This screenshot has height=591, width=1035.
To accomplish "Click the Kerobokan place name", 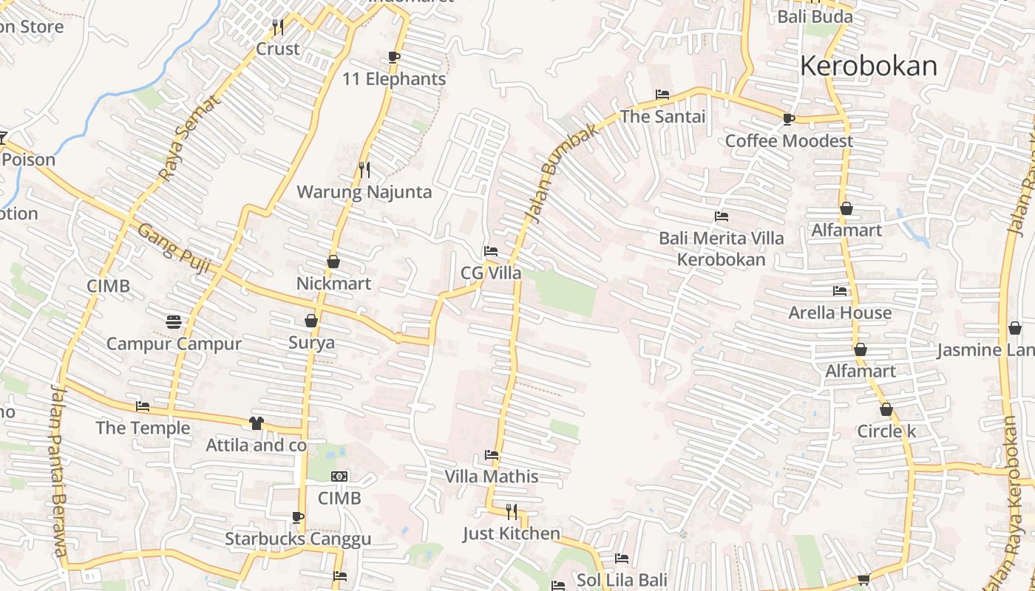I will pos(868,66).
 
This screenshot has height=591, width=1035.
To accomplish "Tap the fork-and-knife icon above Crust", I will pos(277,27).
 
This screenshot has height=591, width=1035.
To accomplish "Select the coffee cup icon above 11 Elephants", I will pos(394,58).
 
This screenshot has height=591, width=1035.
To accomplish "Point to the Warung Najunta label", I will pos(364,192).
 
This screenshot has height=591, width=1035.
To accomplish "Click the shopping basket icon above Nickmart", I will pos(333,262).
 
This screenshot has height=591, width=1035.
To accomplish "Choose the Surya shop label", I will pos(311,343).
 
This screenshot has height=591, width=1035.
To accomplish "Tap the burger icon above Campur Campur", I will pos(174,322).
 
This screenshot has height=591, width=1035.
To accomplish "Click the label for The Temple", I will pos(143,428).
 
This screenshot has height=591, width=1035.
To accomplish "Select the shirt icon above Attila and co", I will pos(256,423).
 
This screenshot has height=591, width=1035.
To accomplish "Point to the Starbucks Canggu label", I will pos(297,539).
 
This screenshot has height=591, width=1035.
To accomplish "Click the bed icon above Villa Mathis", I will pos(492,455).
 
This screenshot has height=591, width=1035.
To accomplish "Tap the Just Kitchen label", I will pos(511,533).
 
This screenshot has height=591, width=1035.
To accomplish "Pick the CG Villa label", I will pos(491,273).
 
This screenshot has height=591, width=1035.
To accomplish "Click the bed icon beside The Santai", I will pos(662,95).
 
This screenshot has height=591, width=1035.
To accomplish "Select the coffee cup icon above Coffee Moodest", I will pos(789,119).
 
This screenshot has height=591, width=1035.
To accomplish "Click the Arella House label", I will pos(840,312).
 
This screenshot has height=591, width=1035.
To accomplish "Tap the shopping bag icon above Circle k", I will pos(886,409).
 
